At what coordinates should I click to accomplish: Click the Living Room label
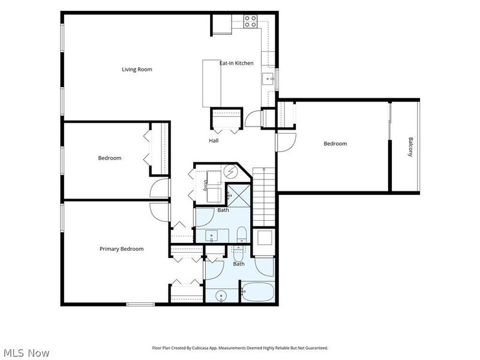[137, 70]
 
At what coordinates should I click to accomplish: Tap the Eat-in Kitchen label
[236, 63]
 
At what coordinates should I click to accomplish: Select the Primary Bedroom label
[122, 249]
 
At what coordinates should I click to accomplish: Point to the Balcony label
[411, 147]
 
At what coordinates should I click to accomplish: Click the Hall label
[214, 141]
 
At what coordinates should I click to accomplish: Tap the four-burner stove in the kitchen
[250, 22]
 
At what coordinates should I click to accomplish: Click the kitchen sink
[268, 79]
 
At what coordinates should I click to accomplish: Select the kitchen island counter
[212, 83]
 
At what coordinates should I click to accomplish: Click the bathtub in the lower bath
[258, 292]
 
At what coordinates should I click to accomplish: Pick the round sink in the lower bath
[221, 296]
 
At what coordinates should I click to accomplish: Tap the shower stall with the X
[239, 196]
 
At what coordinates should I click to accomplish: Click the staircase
[263, 197]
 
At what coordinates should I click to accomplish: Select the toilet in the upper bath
[242, 235]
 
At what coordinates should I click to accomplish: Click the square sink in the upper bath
[212, 236]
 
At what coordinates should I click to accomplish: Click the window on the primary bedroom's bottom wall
[140, 304]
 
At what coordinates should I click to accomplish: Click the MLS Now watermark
[26, 353]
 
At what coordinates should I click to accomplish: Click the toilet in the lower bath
[238, 253]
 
